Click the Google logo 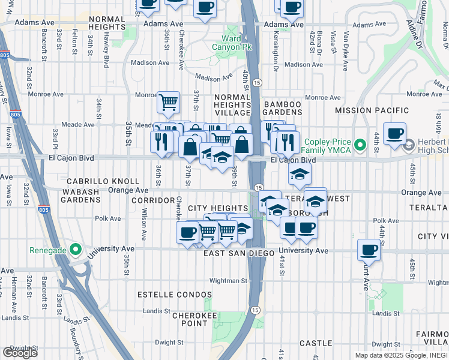[x=20, y=352]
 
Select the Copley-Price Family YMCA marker [x=360, y=145]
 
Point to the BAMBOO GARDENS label [x=282, y=109]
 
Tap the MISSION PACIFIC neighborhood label [x=372, y=110]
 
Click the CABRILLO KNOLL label [x=103, y=181]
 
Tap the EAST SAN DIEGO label [x=235, y=254]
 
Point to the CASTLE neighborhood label [x=315, y=343]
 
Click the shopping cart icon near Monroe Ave [x=169, y=102]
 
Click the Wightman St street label [x=228, y=280]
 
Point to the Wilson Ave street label [x=144, y=224]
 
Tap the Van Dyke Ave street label [x=346, y=45]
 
